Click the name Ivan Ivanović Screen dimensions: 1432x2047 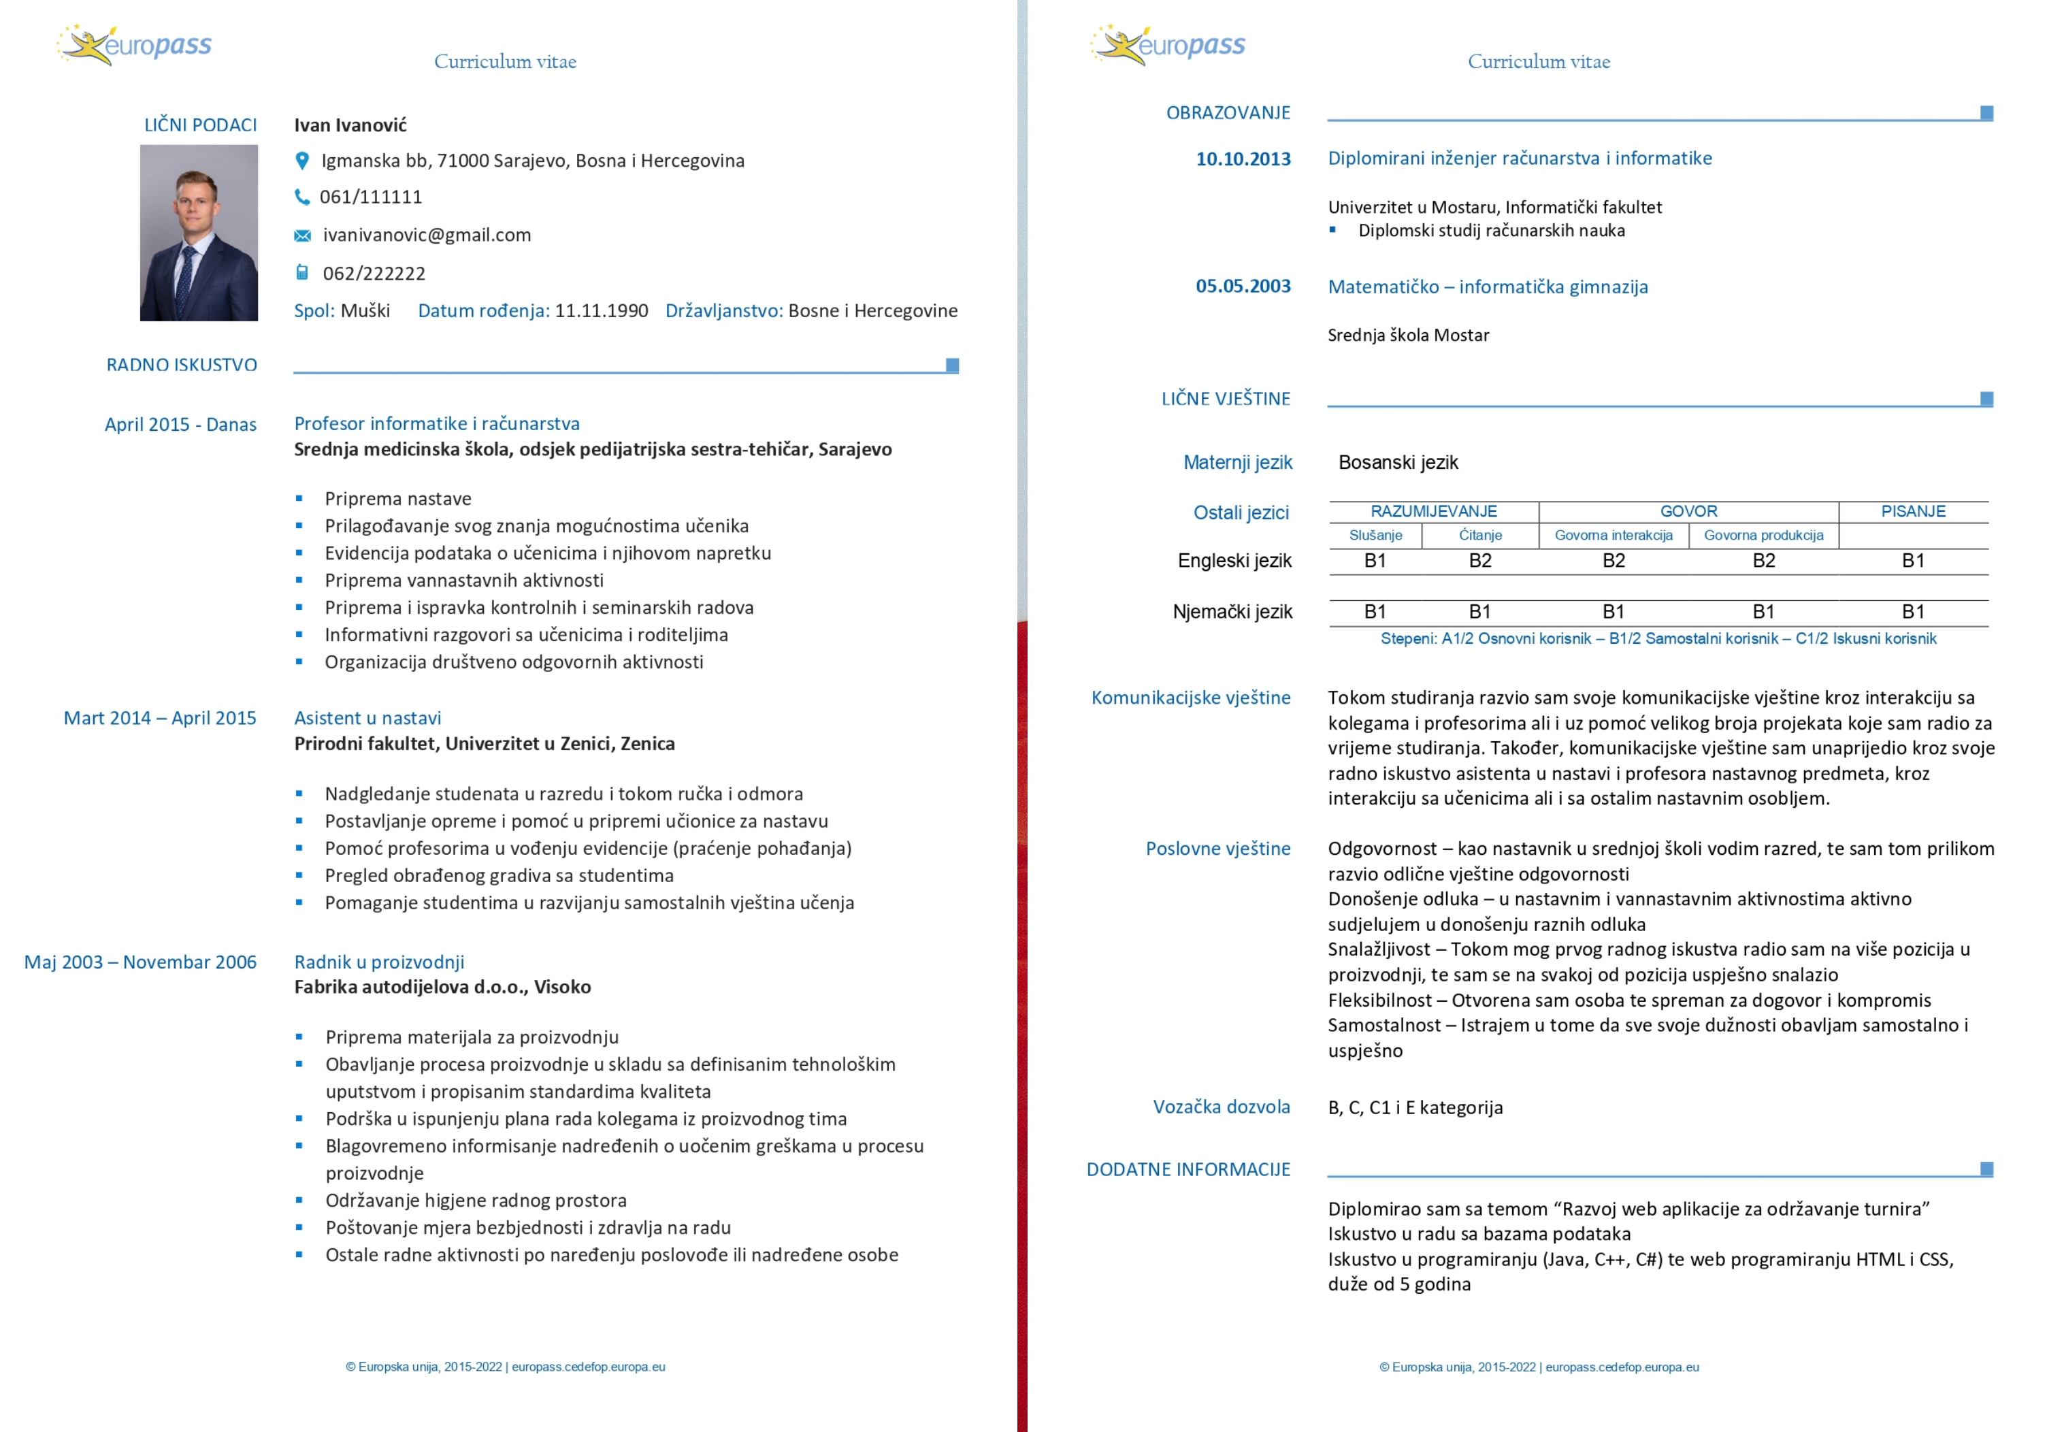tap(350, 125)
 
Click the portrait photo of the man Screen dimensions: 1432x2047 tap(199, 233)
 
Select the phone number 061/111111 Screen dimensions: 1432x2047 tap(371, 197)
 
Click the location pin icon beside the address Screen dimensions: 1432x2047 tap(302, 161)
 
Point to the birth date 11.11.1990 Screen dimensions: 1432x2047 tap(601, 310)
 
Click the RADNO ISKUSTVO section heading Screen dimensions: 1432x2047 tap(182, 365)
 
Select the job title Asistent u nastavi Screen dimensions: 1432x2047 tap(367, 718)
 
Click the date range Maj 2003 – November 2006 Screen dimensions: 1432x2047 tap(140, 962)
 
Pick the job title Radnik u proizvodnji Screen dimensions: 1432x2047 tap(379, 962)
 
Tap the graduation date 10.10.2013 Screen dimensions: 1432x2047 tap(1243, 159)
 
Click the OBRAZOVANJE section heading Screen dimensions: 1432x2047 tap(1228, 112)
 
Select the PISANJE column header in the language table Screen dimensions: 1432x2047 tap(1913, 511)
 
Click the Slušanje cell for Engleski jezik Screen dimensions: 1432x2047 tap(1375, 560)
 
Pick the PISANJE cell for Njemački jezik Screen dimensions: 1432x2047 tap(1913, 612)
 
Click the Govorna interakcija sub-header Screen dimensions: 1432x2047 tap(1613, 535)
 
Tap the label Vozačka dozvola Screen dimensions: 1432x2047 tap(1221, 1107)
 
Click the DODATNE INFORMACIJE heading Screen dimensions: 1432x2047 tap(1188, 1169)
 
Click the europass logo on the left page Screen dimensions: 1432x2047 tap(135, 45)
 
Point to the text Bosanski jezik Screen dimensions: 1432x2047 tap(1398, 462)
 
